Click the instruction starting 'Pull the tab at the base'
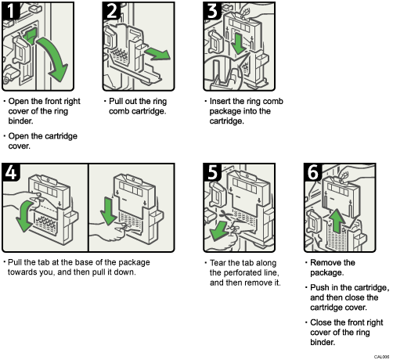pos(78,267)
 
